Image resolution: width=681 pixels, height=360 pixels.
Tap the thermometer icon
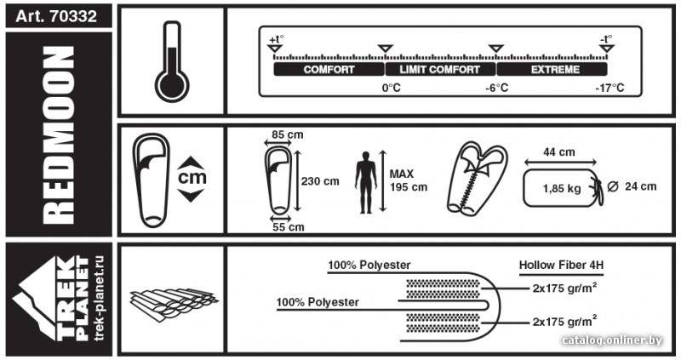[172, 61]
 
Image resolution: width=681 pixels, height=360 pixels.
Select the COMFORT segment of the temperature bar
[329, 70]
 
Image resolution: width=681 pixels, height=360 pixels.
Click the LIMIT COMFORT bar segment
[440, 70]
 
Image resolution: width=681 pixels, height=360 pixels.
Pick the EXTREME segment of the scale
[552, 70]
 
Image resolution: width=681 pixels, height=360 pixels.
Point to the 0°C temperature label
[392, 88]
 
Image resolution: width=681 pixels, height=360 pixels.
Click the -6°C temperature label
[497, 88]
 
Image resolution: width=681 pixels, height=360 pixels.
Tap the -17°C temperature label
[609, 88]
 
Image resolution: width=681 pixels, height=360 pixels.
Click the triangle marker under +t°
[274, 49]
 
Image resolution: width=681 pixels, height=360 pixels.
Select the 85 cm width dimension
[288, 134]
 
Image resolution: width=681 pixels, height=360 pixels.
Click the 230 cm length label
[320, 181]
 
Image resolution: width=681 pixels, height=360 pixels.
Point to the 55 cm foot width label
[289, 226]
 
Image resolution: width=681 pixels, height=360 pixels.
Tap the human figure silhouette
[366, 182]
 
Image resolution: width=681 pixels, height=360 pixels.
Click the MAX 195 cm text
[409, 180]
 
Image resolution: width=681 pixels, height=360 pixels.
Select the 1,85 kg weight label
[562, 188]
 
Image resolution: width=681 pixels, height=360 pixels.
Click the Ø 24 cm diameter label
[632, 186]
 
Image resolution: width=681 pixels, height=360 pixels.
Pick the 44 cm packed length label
[559, 152]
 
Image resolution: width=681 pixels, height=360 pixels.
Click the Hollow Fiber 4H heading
[561, 265]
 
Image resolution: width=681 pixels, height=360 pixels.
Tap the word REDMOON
[59, 135]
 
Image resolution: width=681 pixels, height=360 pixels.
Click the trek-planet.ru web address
[100, 298]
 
